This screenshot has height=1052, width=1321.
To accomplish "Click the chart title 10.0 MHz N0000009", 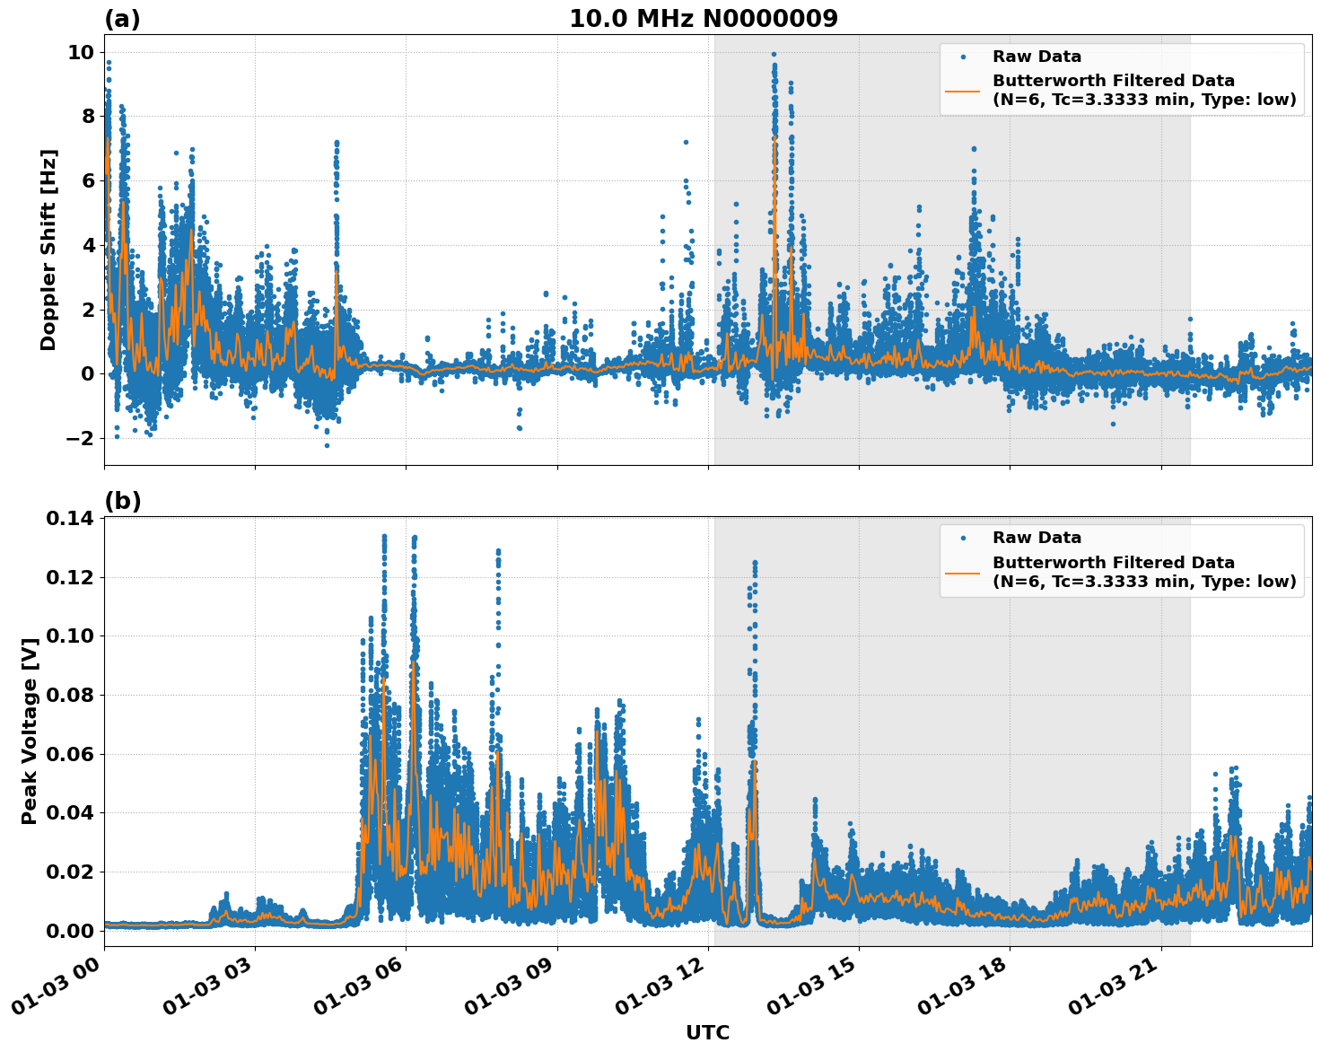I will [x=703, y=19].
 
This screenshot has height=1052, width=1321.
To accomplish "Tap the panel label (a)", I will [x=122, y=19].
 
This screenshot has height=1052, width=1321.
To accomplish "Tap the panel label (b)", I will [x=122, y=501].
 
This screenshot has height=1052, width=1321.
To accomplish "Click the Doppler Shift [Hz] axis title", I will [x=48, y=250].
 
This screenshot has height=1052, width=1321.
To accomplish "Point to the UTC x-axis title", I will [x=707, y=1032].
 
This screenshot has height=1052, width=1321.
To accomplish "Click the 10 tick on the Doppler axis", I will [x=81, y=52].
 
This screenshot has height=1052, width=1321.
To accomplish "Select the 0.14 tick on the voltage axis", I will [x=69, y=518].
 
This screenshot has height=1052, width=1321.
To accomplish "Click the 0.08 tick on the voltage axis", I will [x=69, y=695].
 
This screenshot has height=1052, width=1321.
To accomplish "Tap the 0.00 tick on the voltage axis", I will [x=69, y=931].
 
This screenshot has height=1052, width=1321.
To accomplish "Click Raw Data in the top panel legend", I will [x=1037, y=57].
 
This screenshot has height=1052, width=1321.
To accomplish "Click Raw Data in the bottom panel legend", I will [x=1037, y=538].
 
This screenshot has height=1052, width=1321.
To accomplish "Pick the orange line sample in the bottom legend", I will [x=962, y=572].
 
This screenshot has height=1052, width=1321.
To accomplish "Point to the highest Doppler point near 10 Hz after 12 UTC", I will [x=774, y=55].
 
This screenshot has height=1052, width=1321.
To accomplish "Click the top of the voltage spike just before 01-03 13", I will [x=755, y=563].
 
